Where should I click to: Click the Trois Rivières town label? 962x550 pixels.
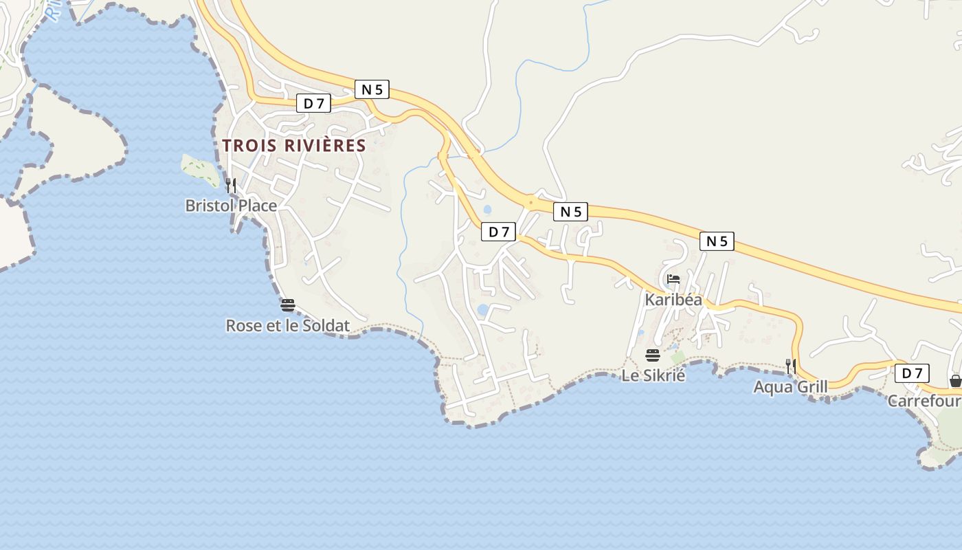[x=294, y=146]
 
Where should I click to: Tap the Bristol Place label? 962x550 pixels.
[x=231, y=206]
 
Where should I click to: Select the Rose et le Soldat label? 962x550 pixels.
[x=287, y=326]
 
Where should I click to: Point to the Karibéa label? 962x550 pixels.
[x=673, y=300]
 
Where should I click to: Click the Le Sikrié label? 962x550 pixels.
[x=653, y=375]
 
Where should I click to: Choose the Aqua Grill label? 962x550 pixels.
[x=790, y=386]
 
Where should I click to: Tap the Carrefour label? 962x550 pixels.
[x=924, y=401]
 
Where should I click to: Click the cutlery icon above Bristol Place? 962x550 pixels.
[x=231, y=185]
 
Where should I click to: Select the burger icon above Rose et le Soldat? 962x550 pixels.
[x=287, y=305]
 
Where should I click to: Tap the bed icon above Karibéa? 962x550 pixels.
[x=673, y=279]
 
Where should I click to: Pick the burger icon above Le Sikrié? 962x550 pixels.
[x=653, y=355]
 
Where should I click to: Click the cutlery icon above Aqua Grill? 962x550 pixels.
[x=790, y=366]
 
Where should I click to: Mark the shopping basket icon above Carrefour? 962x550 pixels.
[x=955, y=380]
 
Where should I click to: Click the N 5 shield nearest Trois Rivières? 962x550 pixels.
[x=372, y=89]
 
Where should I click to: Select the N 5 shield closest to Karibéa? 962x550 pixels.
[x=717, y=241]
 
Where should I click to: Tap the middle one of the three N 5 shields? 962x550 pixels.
[x=570, y=212]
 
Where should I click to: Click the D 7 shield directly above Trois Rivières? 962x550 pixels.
[x=313, y=103]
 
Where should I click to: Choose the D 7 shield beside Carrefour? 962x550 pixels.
[x=912, y=373]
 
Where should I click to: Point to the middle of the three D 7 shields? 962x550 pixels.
[x=498, y=232]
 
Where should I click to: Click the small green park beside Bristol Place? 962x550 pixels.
[x=200, y=170]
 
